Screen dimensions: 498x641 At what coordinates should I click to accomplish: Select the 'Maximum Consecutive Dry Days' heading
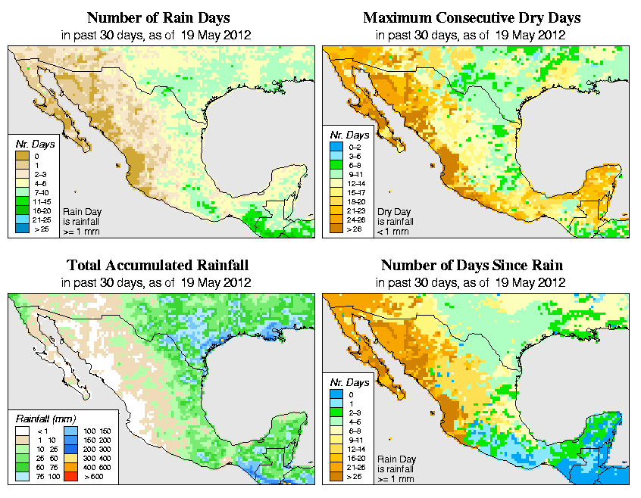471,17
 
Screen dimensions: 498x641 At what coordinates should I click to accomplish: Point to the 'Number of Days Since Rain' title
471,266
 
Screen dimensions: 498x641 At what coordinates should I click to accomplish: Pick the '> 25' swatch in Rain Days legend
23,228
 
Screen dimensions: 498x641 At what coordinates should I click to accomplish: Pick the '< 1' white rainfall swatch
23,431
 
